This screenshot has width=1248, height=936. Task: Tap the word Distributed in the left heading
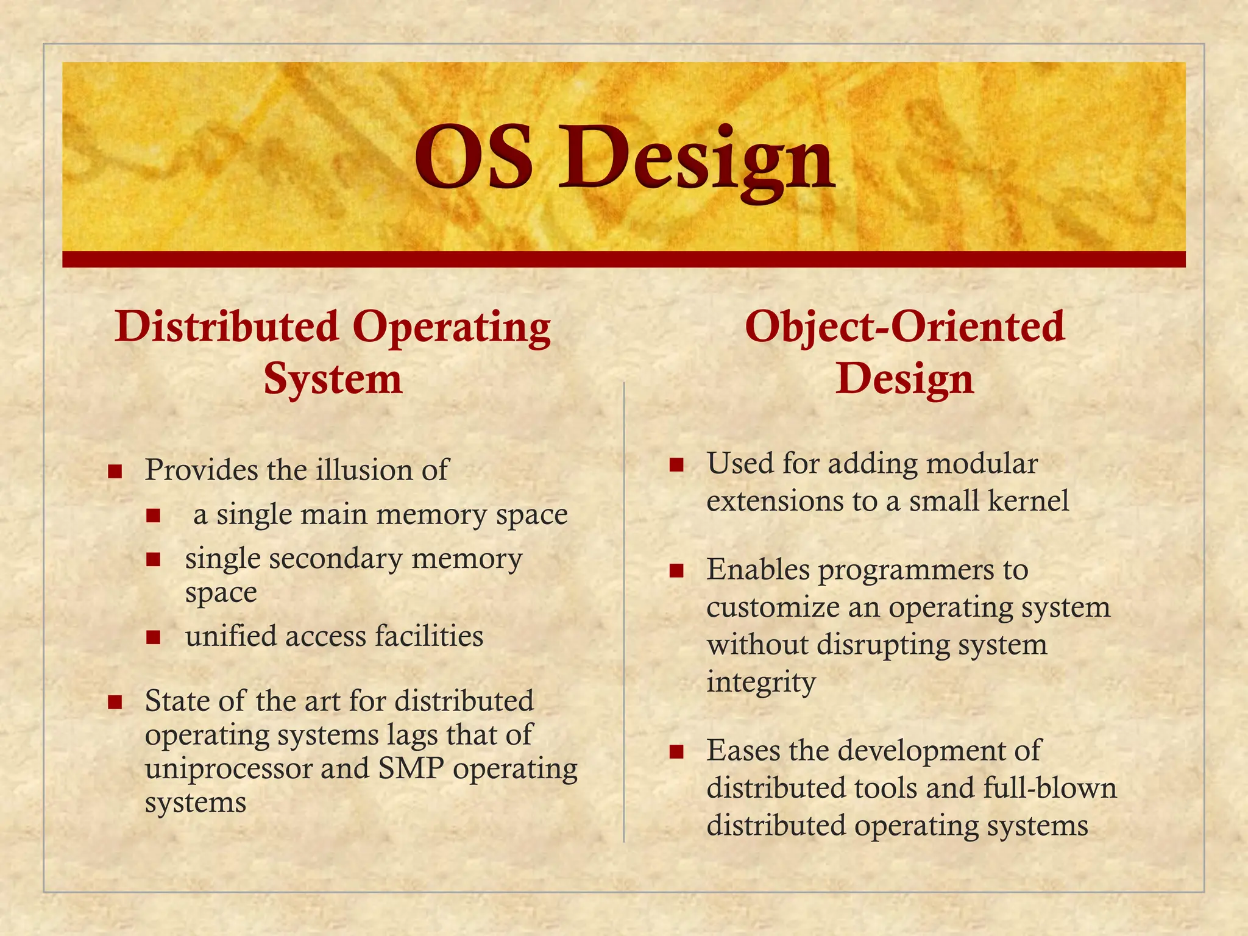click(227, 327)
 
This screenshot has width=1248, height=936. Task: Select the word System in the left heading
click(333, 379)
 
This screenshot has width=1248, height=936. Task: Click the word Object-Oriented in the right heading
click(904, 327)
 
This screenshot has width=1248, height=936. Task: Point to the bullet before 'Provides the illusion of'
click(115, 471)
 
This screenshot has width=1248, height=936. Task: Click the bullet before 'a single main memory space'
click(153, 516)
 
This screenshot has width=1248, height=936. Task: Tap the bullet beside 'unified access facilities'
click(153, 637)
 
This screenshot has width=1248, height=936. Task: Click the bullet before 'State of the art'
click(115, 702)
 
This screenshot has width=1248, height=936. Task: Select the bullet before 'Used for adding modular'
click(676, 466)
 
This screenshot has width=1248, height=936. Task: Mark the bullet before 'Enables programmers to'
click(676, 571)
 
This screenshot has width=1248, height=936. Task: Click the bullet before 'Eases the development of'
click(676, 751)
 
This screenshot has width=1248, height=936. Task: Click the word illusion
click(358, 470)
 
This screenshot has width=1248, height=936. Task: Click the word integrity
click(760, 682)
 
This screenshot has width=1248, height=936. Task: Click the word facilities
click(428, 636)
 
